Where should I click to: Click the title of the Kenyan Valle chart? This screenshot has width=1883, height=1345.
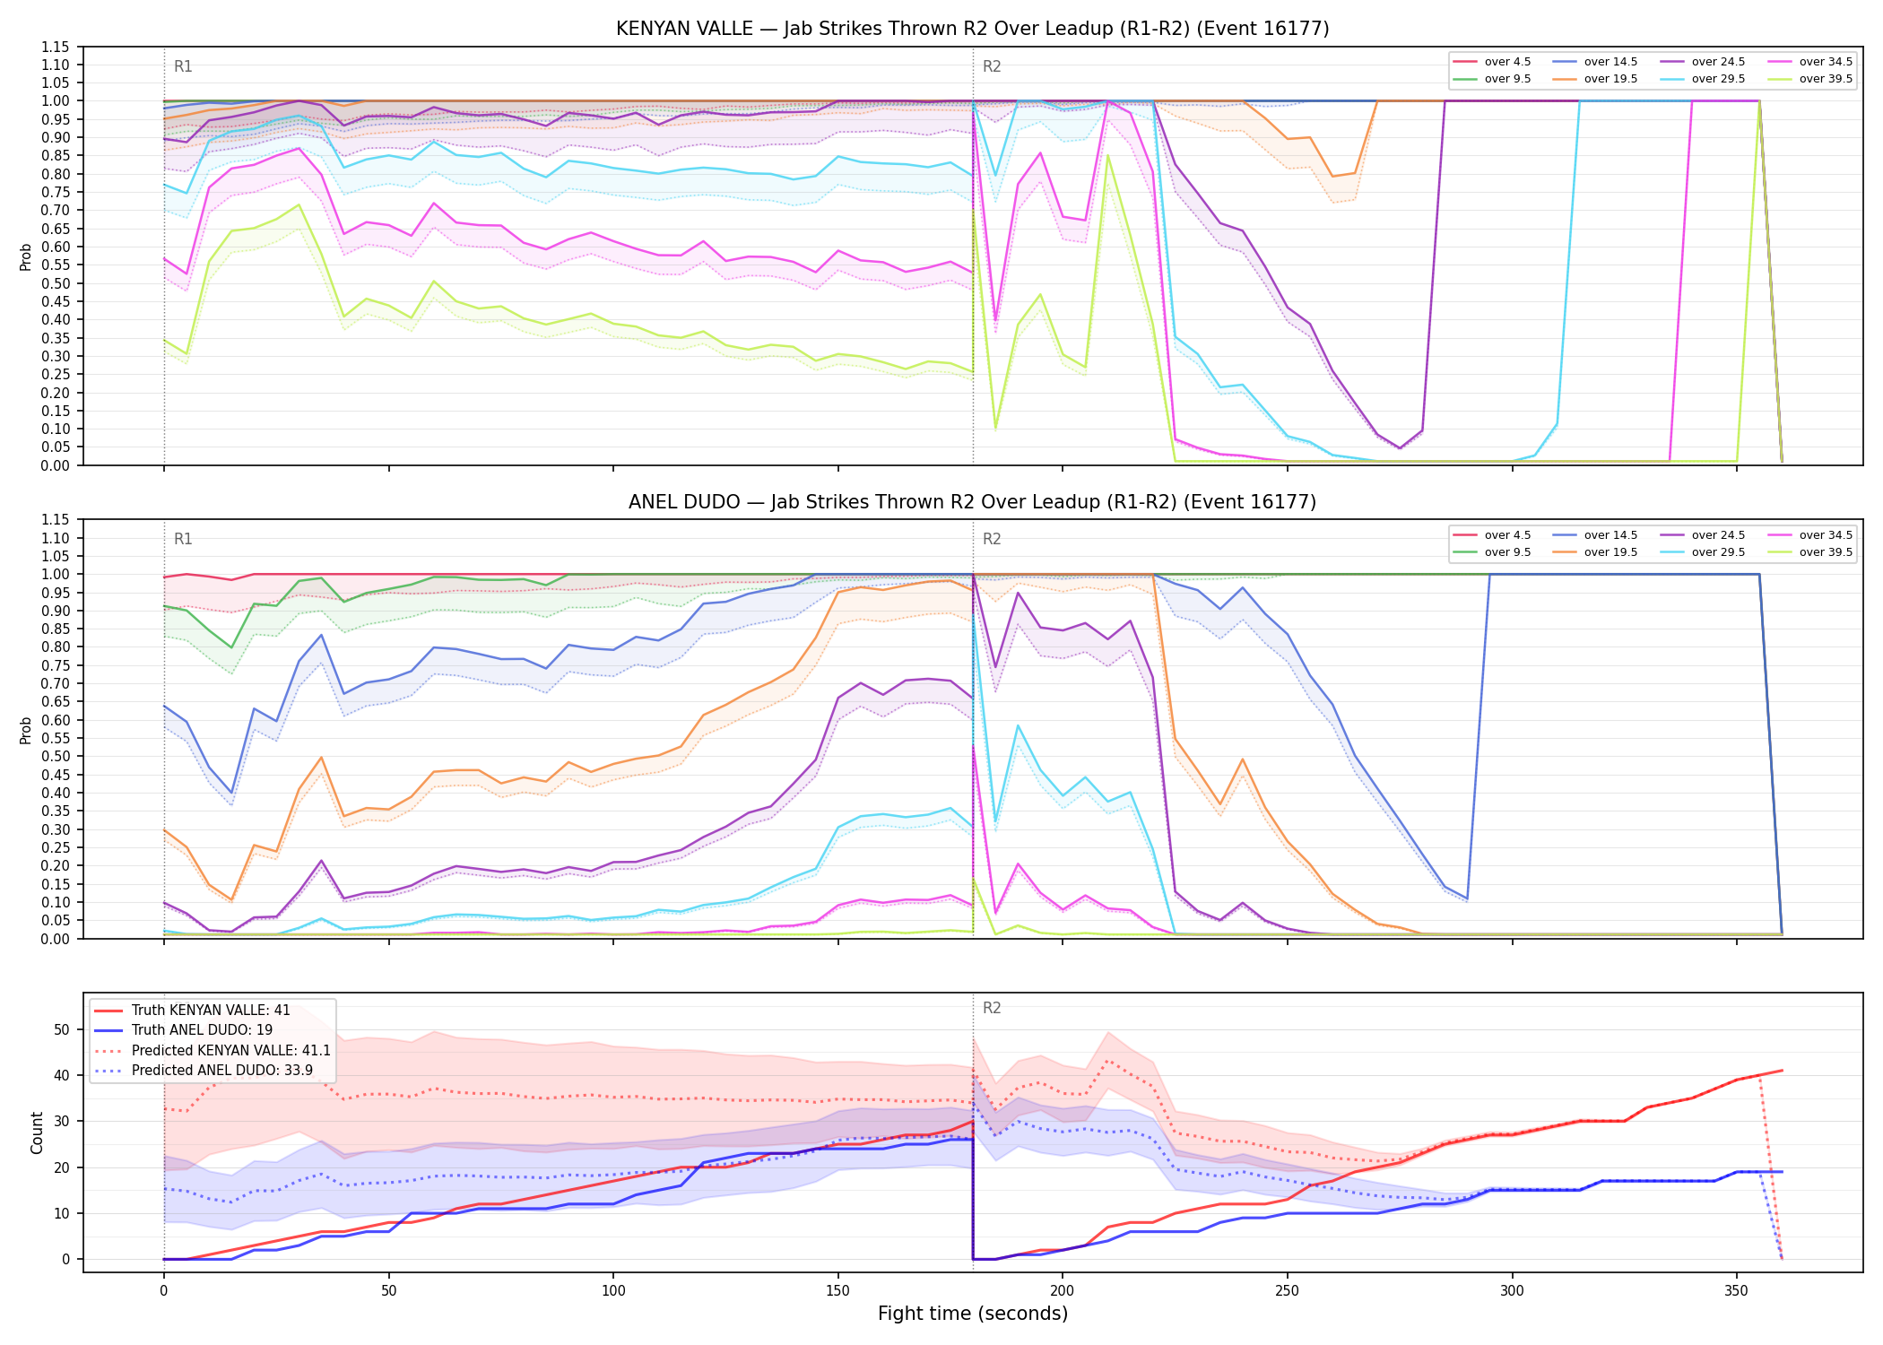972,29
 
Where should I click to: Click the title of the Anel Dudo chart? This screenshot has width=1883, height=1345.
972,502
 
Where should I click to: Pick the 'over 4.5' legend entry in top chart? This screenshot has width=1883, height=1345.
1492,62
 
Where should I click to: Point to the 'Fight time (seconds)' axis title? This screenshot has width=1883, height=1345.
973,1314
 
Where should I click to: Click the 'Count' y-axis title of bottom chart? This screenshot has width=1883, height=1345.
37,1132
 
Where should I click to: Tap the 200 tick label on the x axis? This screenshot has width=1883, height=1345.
1063,1291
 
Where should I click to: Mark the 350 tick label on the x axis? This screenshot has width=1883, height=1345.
1737,1291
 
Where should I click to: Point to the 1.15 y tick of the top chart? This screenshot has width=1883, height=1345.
56,47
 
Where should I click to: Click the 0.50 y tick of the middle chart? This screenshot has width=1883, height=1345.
56,757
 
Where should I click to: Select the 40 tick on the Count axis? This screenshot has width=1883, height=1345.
62,1075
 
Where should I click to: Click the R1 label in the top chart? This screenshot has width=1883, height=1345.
183,66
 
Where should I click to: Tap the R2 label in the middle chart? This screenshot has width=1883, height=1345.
992,539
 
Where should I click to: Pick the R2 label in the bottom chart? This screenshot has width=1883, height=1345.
992,1008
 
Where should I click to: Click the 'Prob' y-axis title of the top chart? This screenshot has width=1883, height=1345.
26,256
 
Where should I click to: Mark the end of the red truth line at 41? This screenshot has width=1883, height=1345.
1782,1071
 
